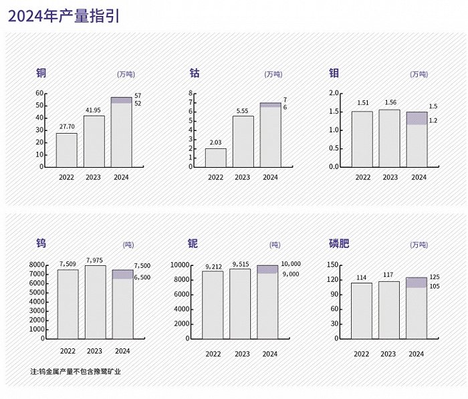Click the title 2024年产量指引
(64, 16)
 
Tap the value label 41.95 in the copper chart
(94, 110)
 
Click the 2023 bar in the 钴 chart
(243, 141)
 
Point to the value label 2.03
(215, 142)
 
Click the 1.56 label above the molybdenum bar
(390, 103)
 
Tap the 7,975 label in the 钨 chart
(95, 259)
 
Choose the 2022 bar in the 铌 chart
(213, 304)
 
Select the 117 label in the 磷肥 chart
(390, 275)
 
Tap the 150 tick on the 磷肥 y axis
(332, 265)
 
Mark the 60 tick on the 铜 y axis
(39, 93)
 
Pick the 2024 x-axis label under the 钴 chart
(270, 177)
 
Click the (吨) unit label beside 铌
(275, 245)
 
